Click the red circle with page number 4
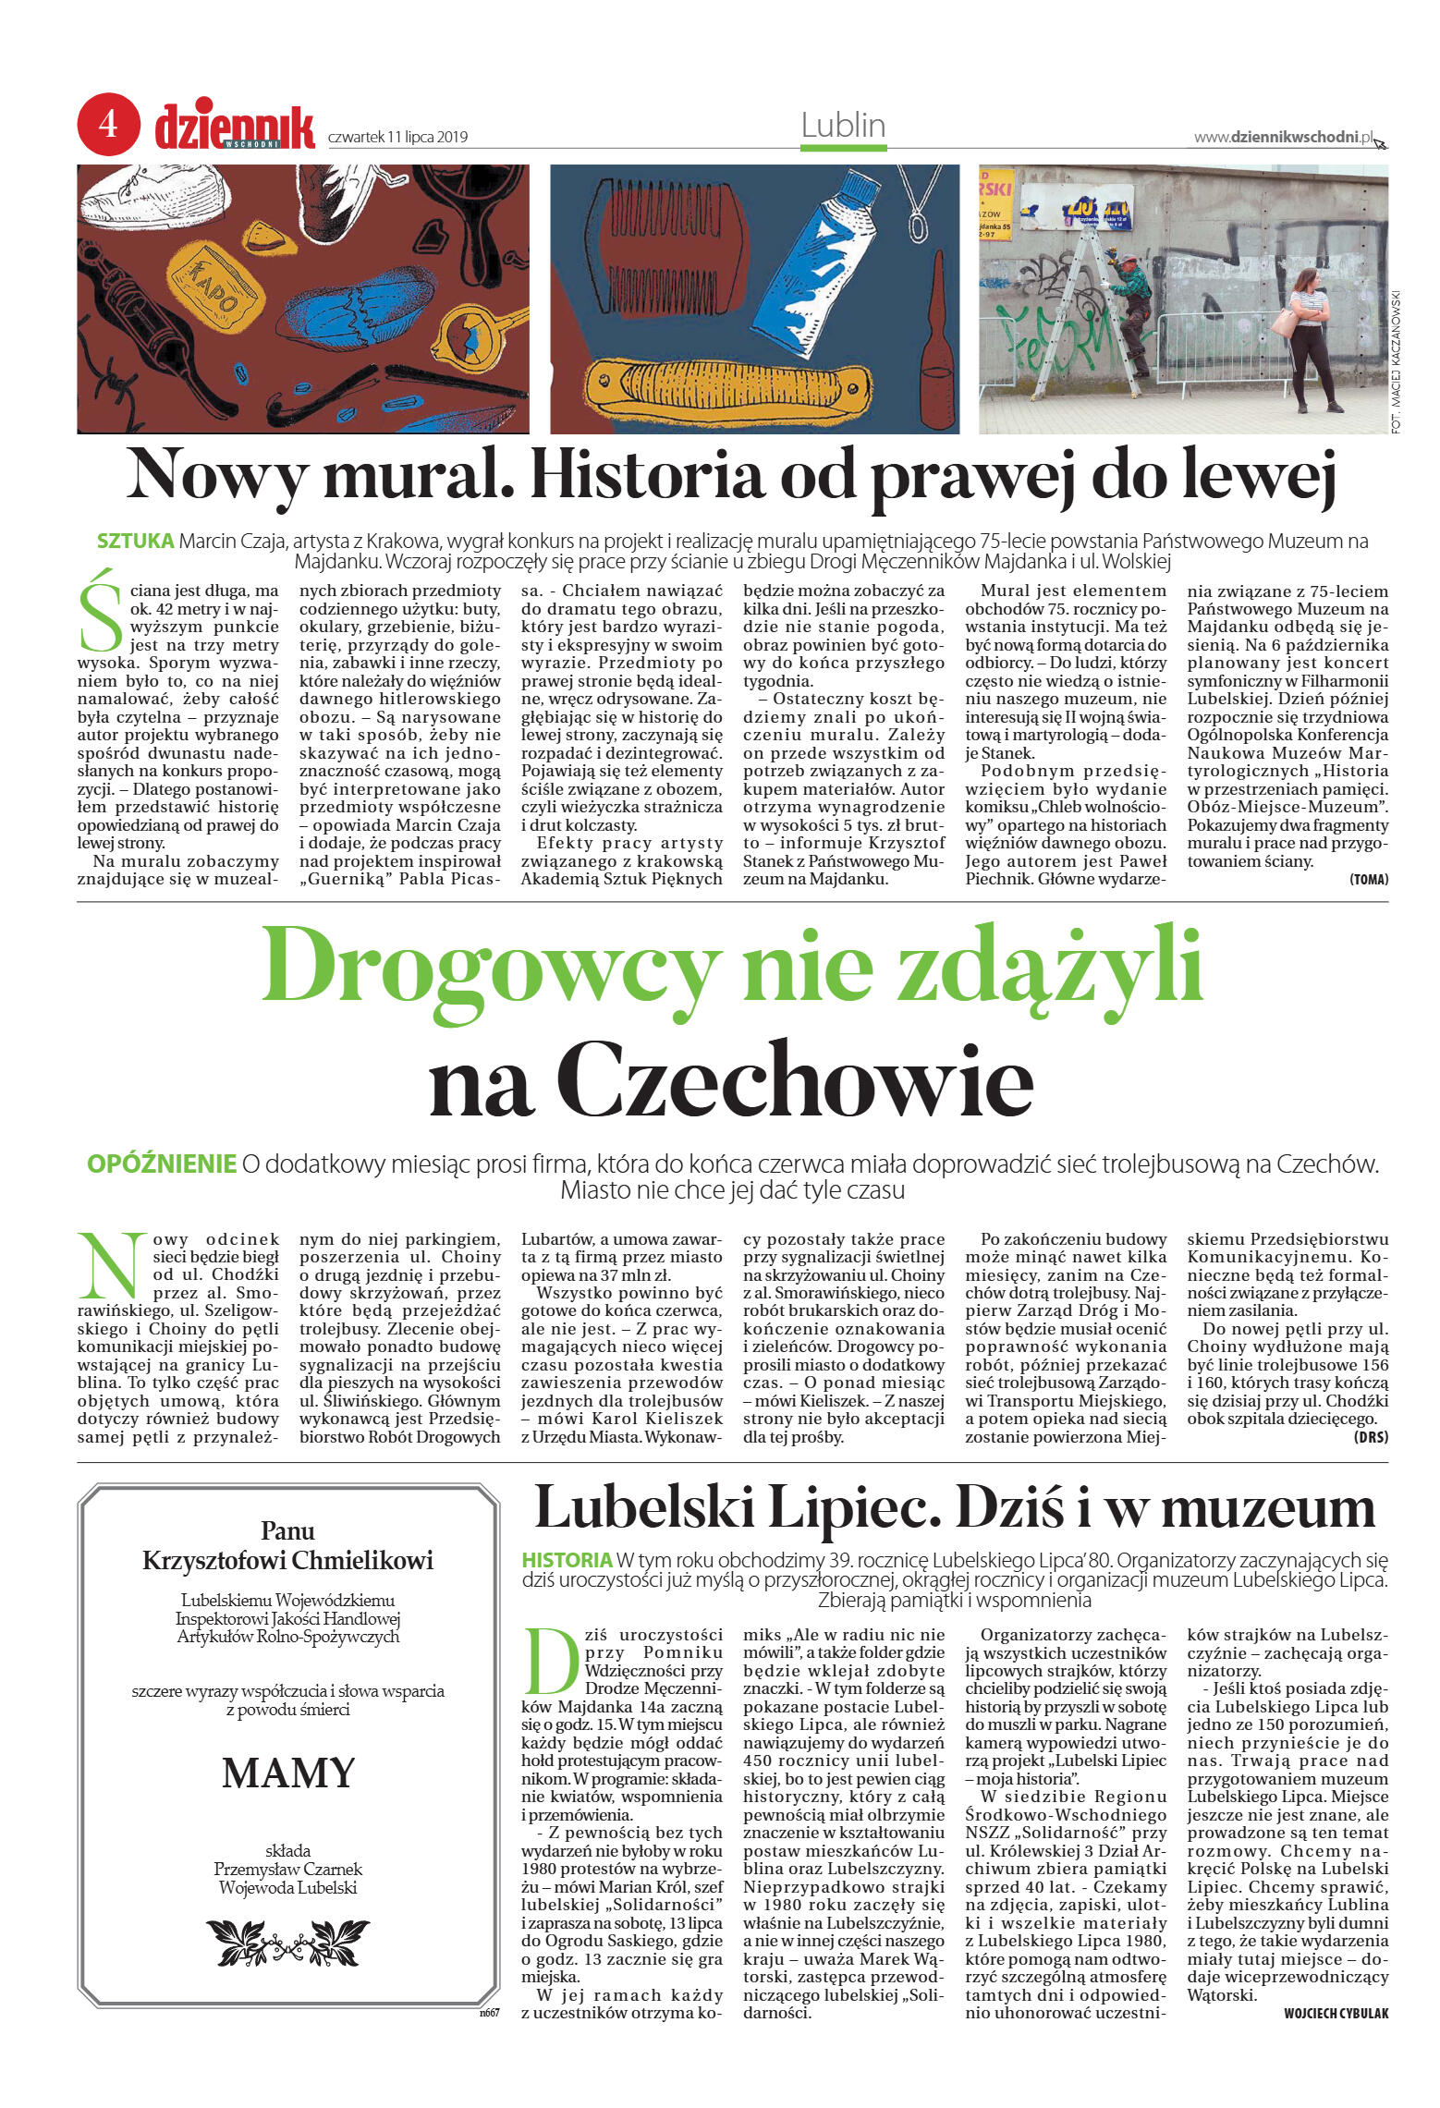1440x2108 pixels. [x=108, y=124]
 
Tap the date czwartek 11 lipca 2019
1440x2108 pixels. [x=397, y=138]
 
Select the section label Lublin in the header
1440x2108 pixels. [x=843, y=126]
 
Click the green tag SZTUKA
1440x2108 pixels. [x=135, y=542]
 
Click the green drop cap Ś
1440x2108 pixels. [x=100, y=611]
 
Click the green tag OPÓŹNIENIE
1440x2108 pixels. [x=162, y=1164]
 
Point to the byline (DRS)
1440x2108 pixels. [x=1370, y=1437]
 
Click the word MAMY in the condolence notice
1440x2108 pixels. [x=288, y=1773]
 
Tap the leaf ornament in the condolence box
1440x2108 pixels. [x=287, y=1942]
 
